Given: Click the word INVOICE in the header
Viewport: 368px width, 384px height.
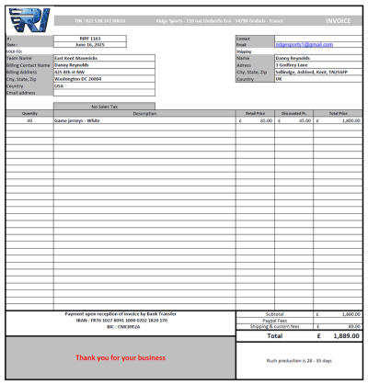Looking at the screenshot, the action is pyautogui.click(x=339, y=20).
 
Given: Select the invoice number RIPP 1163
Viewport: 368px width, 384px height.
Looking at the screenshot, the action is pyautogui.click(x=90, y=38).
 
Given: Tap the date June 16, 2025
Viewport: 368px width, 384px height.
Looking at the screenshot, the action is pyautogui.click(x=90, y=44).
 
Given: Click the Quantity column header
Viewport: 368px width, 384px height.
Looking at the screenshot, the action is pyautogui.click(x=29, y=113).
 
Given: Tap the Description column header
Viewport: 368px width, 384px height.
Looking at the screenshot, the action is pyautogui.click(x=144, y=113).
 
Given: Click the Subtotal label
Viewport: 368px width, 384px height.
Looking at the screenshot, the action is pyautogui.click(x=274, y=314).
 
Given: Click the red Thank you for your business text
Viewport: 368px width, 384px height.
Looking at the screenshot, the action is pyautogui.click(x=121, y=357).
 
